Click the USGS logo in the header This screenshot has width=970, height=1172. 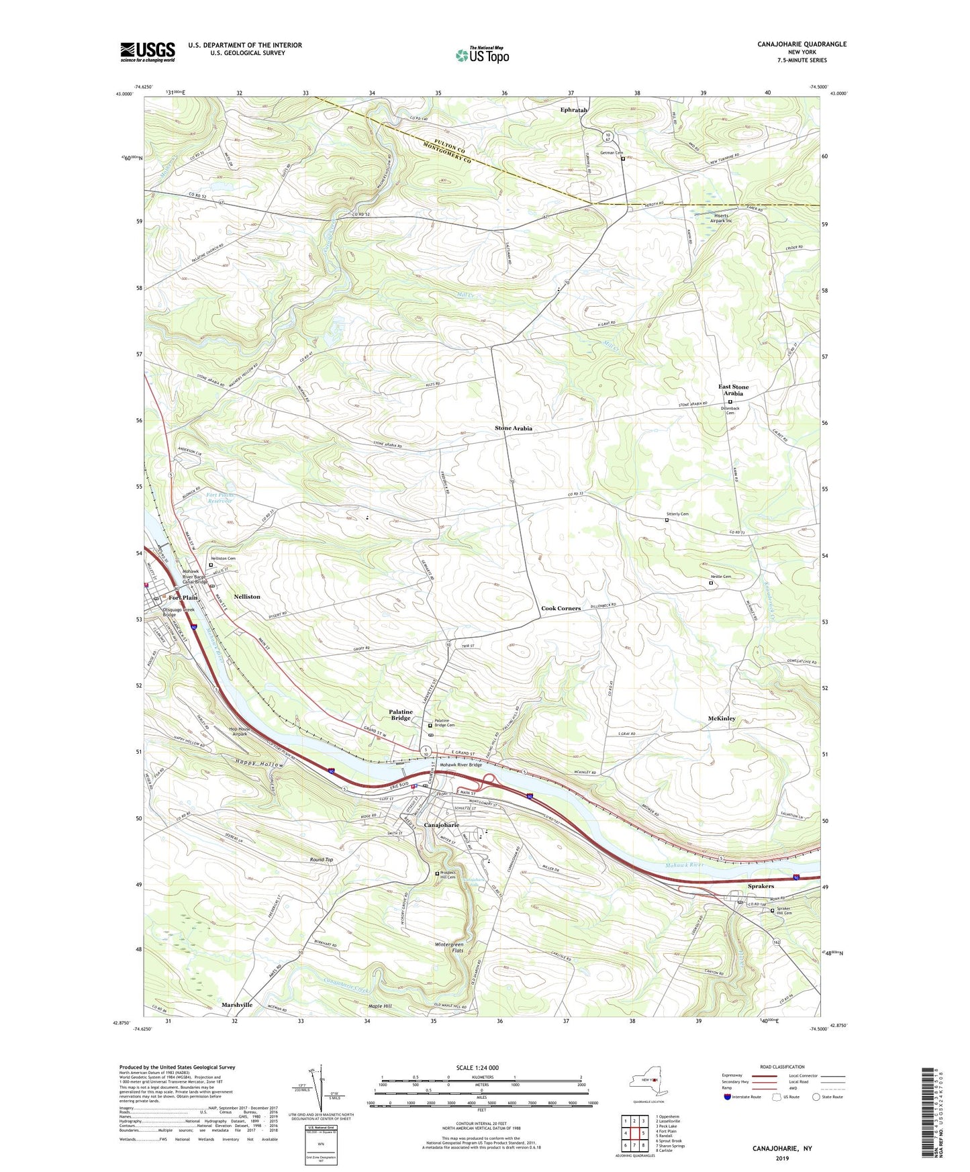pyautogui.click(x=148, y=52)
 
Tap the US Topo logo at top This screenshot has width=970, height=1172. pyautogui.click(x=482, y=55)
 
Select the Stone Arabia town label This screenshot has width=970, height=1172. pyautogui.click(x=514, y=428)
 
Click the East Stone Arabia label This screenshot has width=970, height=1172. pyautogui.click(x=733, y=390)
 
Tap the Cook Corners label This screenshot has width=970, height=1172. pyautogui.click(x=561, y=608)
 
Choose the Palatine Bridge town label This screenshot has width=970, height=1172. pyautogui.click(x=401, y=715)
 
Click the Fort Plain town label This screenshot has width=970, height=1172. pyautogui.click(x=183, y=597)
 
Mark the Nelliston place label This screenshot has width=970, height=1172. pyautogui.click(x=247, y=596)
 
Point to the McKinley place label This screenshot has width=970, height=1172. pyautogui.click(x=722, y=718)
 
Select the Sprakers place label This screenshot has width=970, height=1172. pyautogui.click(x=761, y=886)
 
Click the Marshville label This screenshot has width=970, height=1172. pyautogui.click(x=237, y=1005)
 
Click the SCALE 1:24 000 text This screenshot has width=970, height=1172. pyautogui.click(x=477, y=1068)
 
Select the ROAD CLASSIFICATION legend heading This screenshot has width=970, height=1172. pyautogui.click(x=781, y=1067)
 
